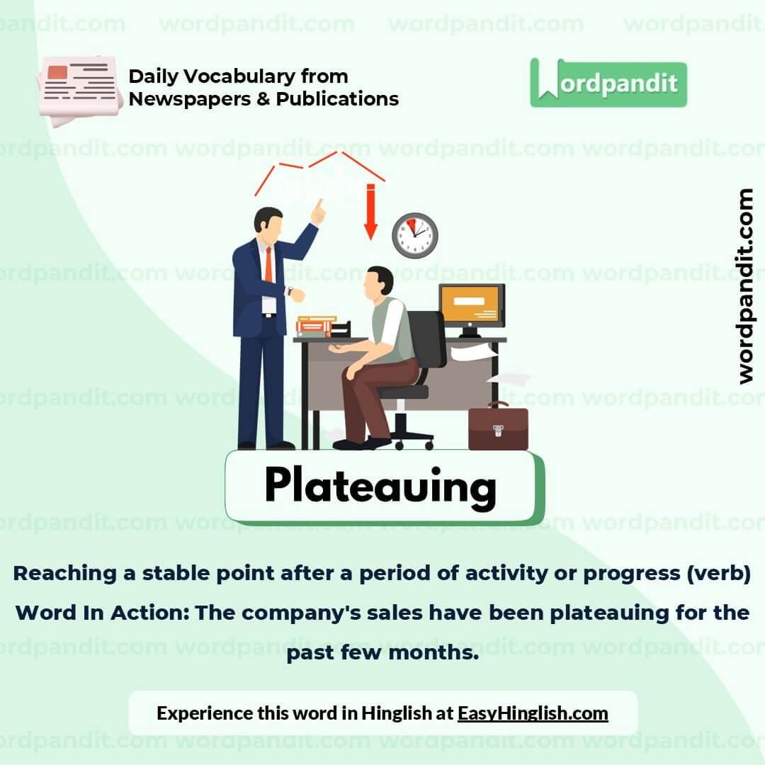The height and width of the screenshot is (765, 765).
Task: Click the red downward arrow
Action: coord(370,212)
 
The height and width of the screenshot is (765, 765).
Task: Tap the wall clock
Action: coord(415,235)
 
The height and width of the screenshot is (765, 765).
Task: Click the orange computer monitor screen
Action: coord(471,305)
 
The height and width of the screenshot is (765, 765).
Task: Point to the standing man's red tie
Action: coord(268,266)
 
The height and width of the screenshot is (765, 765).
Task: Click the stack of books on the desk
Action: coord(316,326)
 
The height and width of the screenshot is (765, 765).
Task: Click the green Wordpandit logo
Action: coord(608,84)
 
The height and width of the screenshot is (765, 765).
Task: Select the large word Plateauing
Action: coord(380,487)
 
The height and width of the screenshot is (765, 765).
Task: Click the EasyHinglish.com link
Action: coord(533,713)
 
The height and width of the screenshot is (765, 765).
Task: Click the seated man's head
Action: coord(379,282)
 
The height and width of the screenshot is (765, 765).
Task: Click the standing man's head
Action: coord(268,221)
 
